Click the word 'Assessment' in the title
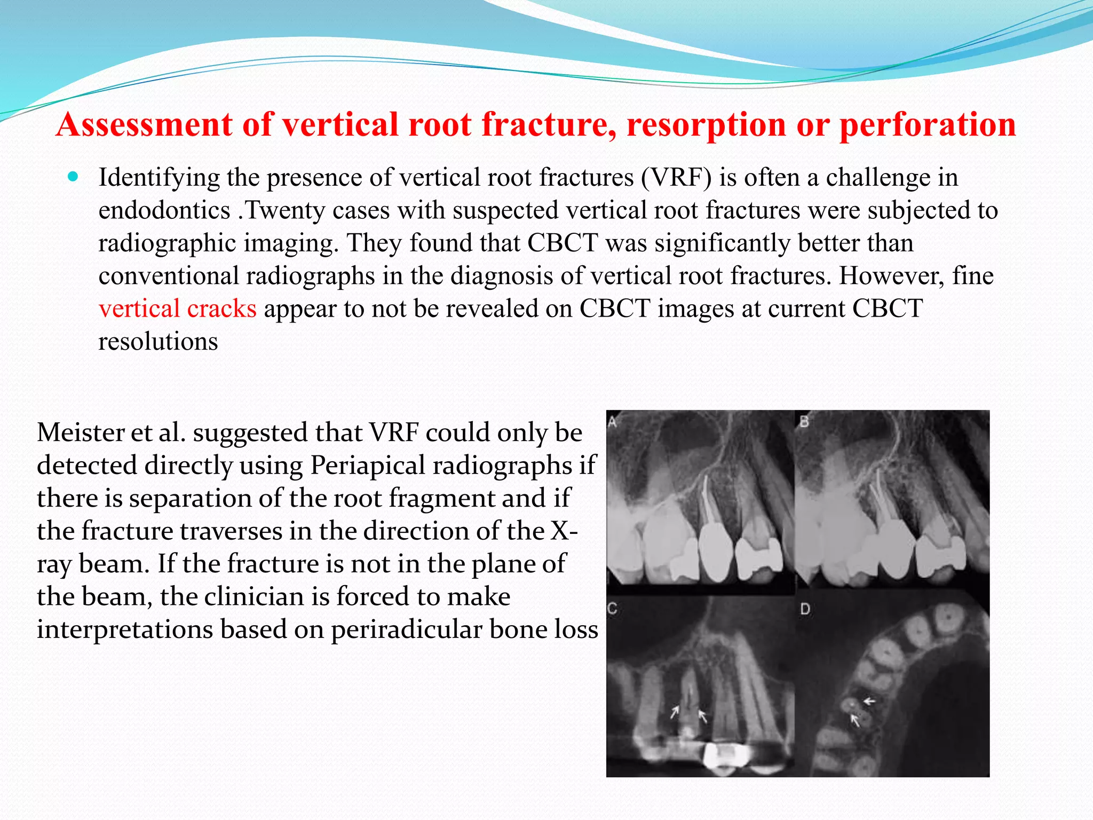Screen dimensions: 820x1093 [145, 124]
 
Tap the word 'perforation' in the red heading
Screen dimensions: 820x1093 [928, 124]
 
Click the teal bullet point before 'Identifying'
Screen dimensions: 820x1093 [74, 176]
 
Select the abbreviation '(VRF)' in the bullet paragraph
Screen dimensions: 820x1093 [676, 177]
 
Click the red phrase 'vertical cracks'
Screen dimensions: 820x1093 [178, 309]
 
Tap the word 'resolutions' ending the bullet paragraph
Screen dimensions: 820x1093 [158, 342]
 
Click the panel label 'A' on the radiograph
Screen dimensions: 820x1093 [613, 422]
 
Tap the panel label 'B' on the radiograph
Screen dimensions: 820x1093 [804, 422]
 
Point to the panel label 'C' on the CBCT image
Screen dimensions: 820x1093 [613, 609]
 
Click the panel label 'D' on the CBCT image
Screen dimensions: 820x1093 [805, 609]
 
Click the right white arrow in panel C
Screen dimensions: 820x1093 [702, 716]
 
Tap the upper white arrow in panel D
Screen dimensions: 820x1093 [869, 701]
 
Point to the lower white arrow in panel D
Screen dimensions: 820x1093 [855, 721]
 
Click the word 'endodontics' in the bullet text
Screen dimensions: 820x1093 [164, 210]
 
